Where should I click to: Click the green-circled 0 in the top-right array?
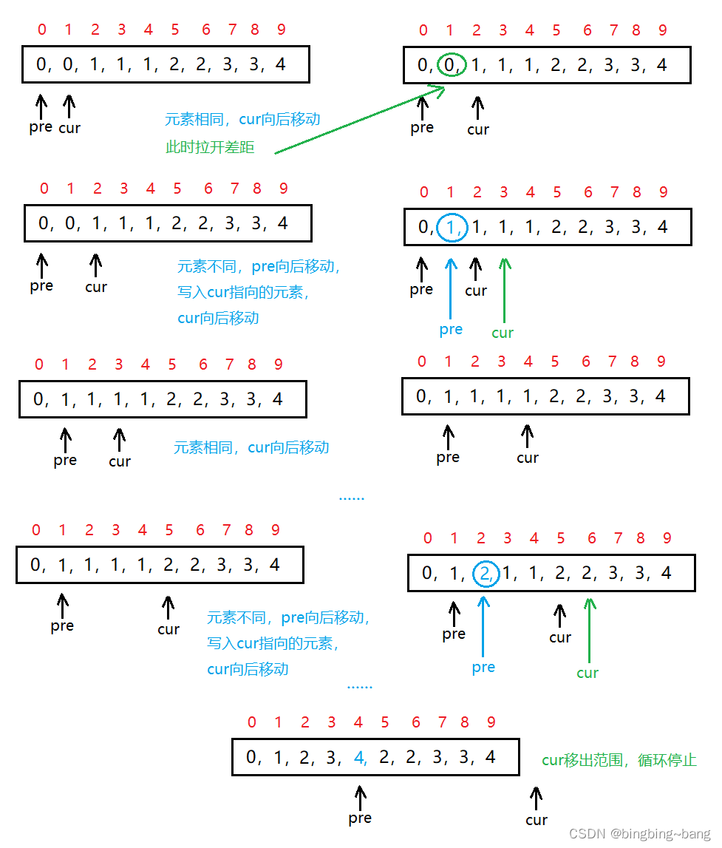(x=450, y=65)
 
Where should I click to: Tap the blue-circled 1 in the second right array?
(x=451, y=227)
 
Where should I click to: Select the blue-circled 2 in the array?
(x=485, y=573)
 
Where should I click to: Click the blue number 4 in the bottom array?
(x=360, y=757)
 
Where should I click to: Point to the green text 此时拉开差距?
(x=210, y=147)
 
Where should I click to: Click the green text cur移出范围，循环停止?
(x=619, y=760)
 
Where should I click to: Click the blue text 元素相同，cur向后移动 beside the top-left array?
(x=242, y=119)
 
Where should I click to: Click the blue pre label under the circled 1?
(x=451, y=329)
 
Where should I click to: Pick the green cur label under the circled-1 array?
(x=503, y=333)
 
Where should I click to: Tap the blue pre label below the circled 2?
(x=483, y=667)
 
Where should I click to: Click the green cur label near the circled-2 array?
(x=588, y=673)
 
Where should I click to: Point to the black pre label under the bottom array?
(x=360, y=818)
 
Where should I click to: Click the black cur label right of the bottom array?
(x=537, y=819)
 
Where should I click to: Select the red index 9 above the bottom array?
(x=491, y=722)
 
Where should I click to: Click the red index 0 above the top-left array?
(x=41, y=30)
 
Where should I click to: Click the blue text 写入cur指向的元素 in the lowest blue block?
(x=273, y=643)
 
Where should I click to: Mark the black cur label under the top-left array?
(x=69, y=128)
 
